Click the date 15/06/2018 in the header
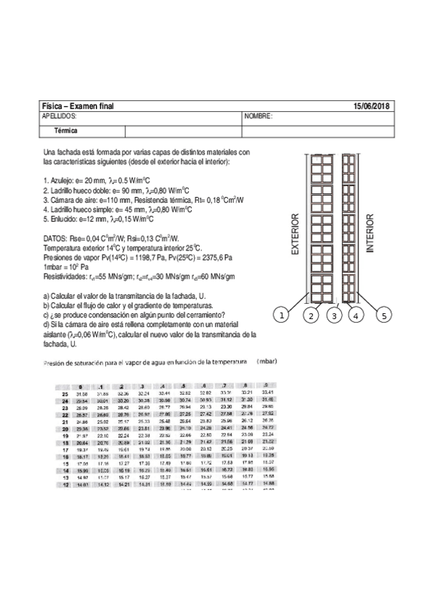(371, 106)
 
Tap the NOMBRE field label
(257, 116)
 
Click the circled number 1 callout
(282, 315)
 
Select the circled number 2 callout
(312, 315)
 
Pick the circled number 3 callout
(333, 315)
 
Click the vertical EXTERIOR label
(294, 235)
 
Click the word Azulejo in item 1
(62, 180)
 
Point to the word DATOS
(55, 237)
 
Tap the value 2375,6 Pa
(213, 256)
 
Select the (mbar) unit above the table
(267, 360)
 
